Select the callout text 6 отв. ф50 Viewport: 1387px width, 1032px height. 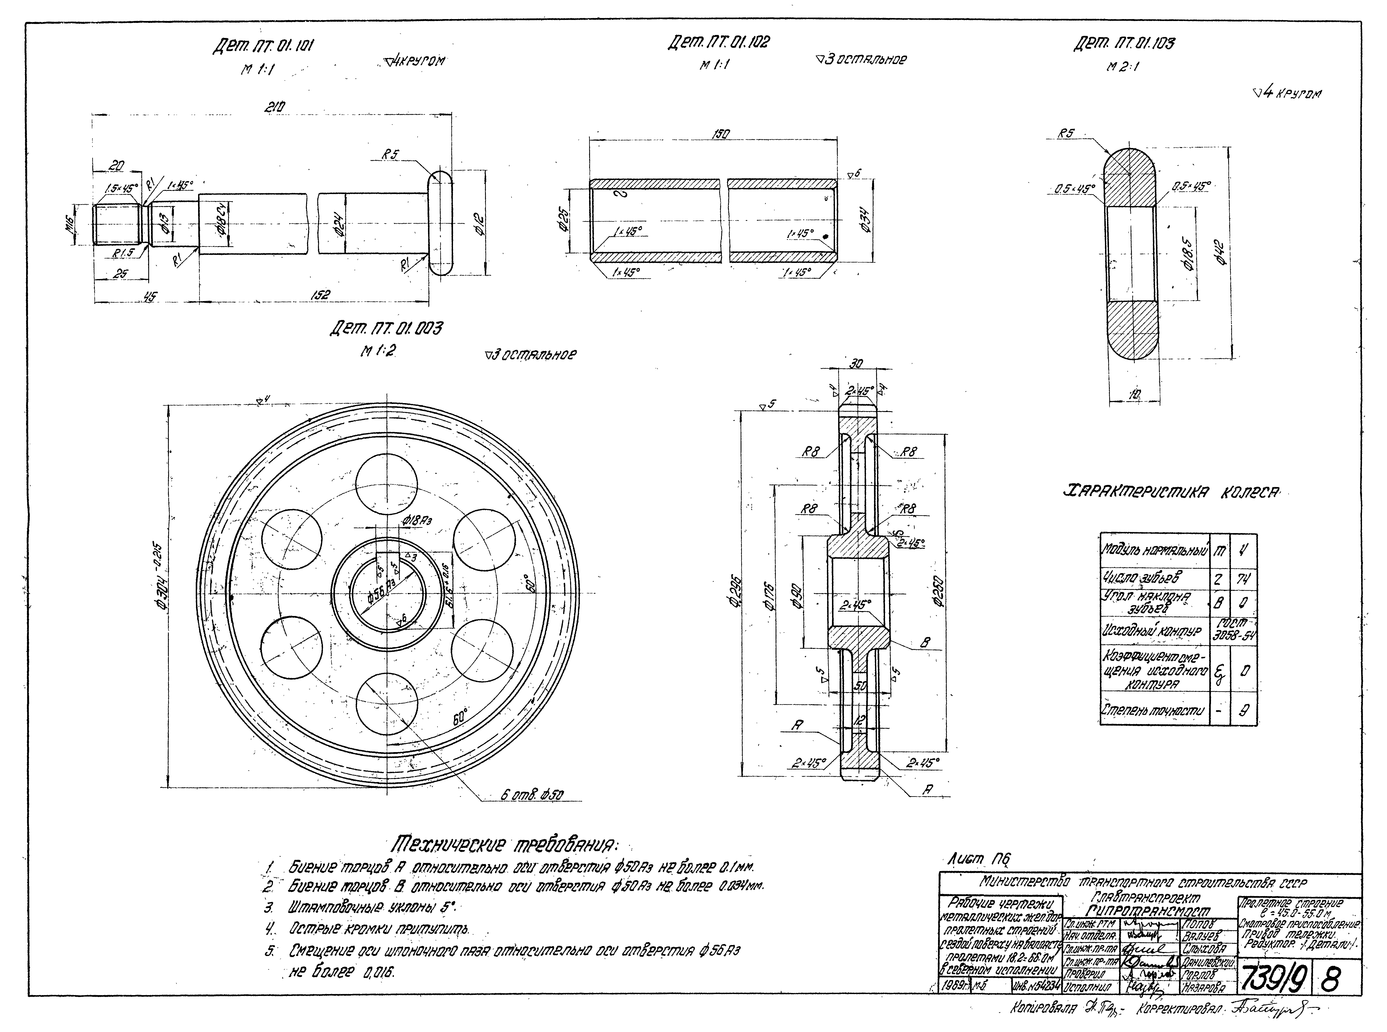click(532, 795)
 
